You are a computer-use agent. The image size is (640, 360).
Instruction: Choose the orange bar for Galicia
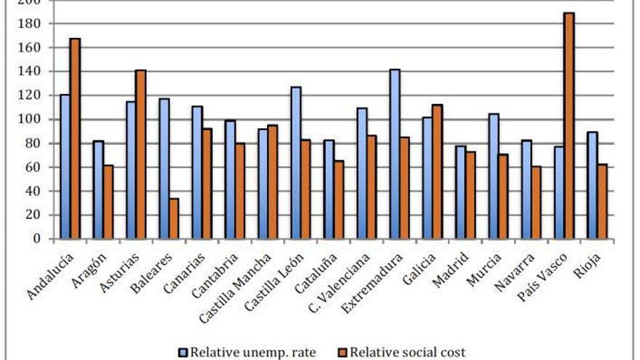pyautogui.click(x=437, y=172)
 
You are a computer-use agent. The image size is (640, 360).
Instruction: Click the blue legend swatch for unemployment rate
pyautogui.click(x=183, y=352)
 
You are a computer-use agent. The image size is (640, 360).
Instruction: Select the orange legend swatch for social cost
pyautogui.click(x=343, y=352)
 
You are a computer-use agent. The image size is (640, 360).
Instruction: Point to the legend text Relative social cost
pyautogui.click(x=407, y=352)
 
